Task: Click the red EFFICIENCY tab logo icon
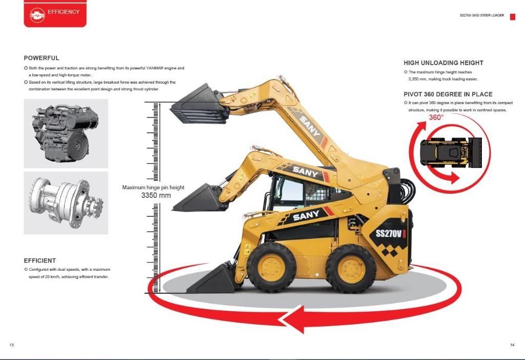pos(37,15)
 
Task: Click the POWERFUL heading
pos(42,58)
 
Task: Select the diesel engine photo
pos(66,133)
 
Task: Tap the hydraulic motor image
pos(66,203)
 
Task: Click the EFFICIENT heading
pos(40,261)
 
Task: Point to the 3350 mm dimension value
pos(156,195)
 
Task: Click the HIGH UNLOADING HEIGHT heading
pos(443,63)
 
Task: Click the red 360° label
pos(436,117)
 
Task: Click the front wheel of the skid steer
pos(271,268)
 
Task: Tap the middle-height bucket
pos(199,197)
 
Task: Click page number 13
pos(12,345)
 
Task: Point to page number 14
pos(512,345)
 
